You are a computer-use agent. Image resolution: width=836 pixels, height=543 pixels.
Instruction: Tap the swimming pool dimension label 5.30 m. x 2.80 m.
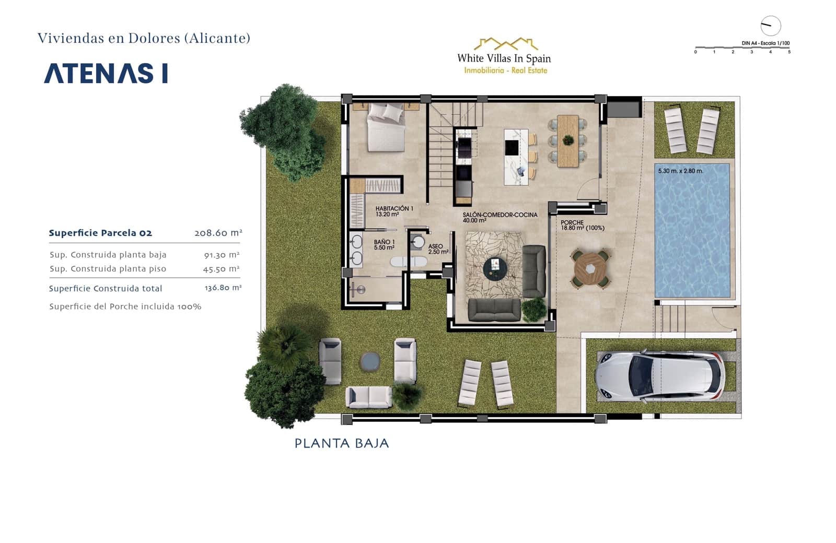point(680,171)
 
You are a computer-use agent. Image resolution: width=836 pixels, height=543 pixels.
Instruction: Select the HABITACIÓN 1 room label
point(394,211)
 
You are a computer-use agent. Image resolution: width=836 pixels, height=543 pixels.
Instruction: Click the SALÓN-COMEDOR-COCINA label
point(500,217)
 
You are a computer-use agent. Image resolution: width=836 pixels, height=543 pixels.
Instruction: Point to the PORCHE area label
point(582,225)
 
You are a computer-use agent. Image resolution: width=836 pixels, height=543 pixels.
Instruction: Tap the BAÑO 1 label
point(384,244)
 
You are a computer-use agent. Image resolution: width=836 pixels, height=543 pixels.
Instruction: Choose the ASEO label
point(437,249)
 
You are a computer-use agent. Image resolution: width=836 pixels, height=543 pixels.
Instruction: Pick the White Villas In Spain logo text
point(504,58)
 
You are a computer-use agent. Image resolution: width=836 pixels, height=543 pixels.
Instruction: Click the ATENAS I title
point(106,74)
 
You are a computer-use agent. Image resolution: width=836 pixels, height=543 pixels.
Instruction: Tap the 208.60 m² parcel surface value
point(218,233)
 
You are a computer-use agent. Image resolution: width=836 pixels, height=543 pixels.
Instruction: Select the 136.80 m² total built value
point(223,288)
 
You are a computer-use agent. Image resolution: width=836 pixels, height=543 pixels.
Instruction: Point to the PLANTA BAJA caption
point(342,443)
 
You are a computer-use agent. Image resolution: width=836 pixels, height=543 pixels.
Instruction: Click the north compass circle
point(770,26)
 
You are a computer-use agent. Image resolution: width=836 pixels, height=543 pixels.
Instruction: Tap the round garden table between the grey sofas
point(370,361)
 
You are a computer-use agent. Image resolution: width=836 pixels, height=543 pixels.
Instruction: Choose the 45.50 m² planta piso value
point(221,269)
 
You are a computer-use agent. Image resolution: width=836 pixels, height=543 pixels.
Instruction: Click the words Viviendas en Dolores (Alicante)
point(144,38)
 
